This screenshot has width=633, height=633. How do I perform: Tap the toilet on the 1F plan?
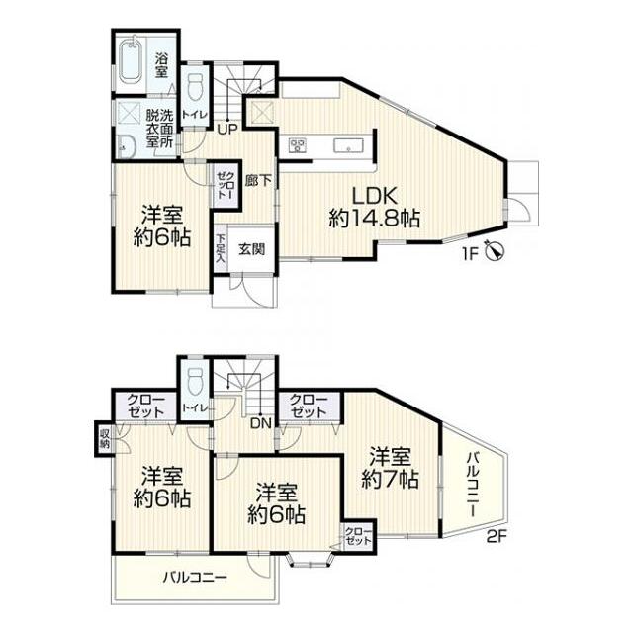pos(195,87)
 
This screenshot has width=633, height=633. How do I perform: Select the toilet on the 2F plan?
pos(195,381)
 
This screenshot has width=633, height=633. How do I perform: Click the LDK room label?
pos(375,196)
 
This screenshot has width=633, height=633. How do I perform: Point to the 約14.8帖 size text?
pos(375,219)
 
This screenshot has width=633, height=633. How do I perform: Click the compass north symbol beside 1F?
pos(496,250)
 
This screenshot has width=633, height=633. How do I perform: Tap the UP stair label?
pos(227,129)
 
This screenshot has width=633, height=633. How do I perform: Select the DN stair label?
pos(261,423)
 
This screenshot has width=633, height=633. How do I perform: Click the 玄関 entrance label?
pos(252,249)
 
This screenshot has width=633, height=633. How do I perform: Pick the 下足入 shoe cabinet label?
pos(221,249)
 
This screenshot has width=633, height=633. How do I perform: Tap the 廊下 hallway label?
pos(258,180)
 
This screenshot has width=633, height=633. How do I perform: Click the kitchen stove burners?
pos(298,145)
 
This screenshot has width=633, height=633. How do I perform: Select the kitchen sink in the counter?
pos(348,145)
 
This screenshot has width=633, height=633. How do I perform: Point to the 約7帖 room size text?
pos(390,479)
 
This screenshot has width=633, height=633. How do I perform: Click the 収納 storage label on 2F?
pos(105,439)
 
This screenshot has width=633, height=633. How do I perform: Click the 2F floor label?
pos(497,537)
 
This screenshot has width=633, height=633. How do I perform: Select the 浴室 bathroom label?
pos(161,65)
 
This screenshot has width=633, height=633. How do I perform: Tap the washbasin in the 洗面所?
pos(126,147)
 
